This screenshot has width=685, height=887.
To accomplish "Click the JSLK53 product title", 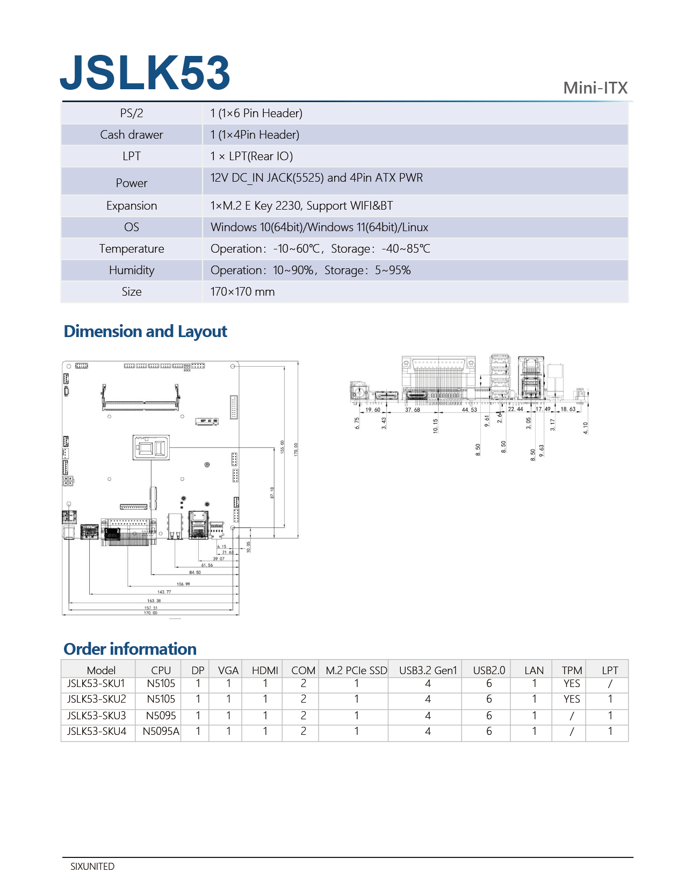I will [145, 73].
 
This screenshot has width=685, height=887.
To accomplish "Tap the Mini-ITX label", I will [595, 88].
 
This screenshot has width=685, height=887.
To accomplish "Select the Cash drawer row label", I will [132, 135].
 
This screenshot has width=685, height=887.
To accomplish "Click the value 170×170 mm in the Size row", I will [242, 292].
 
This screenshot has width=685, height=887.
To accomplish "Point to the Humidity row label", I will [132, 270].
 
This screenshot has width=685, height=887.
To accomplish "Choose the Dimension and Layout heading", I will [146, 332].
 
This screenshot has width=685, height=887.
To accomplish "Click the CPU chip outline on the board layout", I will [151, 447].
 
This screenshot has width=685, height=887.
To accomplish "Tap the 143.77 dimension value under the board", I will [164, 592].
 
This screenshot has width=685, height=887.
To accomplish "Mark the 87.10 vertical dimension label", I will [272, 492].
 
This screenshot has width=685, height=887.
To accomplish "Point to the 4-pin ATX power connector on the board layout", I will [68, 481].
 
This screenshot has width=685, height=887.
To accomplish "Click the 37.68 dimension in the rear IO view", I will [413, 410].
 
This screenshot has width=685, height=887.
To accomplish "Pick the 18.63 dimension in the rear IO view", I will [568, 410].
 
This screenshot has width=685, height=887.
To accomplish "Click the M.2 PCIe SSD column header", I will [356, 670].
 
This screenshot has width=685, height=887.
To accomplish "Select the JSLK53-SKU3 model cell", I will [97, 716].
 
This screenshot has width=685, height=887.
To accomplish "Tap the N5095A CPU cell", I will [161, 731].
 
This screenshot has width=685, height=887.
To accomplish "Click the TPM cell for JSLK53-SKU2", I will [572, 699].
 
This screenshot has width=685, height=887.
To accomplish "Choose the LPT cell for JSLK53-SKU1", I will [610, 684].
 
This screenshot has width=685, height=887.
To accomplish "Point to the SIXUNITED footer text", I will [92, 867].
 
